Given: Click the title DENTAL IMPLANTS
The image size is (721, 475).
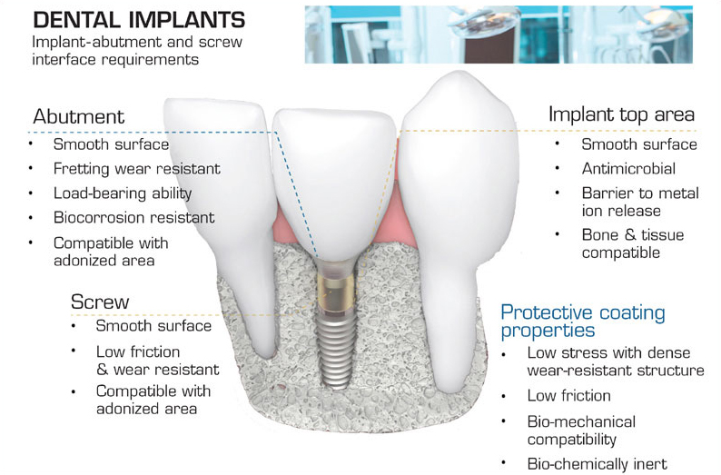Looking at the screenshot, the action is [x=139, y=20].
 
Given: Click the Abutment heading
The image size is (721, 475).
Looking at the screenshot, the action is [x=79, y=116].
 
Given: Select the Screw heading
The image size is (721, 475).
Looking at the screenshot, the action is [x=100, y=302].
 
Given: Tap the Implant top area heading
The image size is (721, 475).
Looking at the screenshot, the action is [x=621, y=114].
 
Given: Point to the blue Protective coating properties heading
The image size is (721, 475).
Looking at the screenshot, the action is [x=583, y=321].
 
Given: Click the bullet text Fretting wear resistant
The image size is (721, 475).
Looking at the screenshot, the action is [x=136, y=169].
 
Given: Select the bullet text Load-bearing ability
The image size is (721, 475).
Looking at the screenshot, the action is [x=123, y=193].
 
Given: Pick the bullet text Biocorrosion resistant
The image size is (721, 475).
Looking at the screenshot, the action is [x=133, y=217].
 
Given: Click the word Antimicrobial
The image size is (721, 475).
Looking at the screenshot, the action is [x=628, y=168].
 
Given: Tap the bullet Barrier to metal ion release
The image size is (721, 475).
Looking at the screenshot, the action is [x=640, y=202].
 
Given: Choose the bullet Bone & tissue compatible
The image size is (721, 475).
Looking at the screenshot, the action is [x=633, y=243].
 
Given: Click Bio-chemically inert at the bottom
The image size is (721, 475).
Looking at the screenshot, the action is [x=597, y=463].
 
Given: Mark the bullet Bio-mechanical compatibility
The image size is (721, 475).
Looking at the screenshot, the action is [x=581, y=430].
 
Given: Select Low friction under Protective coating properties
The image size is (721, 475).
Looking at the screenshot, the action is [x=568, y=395].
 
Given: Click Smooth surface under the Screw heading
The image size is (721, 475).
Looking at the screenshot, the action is [x=153, y=325].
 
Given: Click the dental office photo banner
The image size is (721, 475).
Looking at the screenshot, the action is [x=499, y=35].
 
